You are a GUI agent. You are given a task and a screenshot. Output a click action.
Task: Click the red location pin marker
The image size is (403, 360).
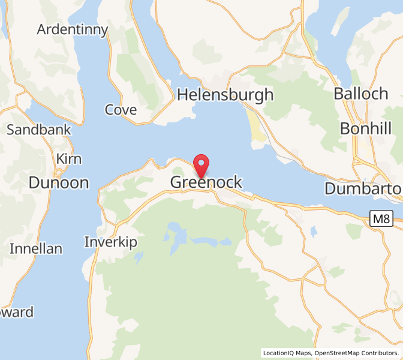[x=201, y=164]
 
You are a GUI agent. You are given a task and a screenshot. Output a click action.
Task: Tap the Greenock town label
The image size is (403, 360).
[x=207, y=182]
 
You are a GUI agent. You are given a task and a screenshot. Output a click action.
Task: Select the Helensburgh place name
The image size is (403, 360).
[x=225, y=95]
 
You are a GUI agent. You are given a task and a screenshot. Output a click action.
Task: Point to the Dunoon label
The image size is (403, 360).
[x=59, y=183]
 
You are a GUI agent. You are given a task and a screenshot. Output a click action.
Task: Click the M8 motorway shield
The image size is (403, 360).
[x=380, y=218]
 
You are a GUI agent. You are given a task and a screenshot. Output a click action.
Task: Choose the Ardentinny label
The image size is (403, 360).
[x=73, y=29]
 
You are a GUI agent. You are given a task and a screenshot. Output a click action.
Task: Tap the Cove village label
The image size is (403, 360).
[x=121, y=110]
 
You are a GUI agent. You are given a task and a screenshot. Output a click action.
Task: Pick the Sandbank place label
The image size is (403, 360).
[x=39, y=130]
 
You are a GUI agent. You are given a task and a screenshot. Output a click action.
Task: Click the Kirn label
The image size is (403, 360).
[x=69, y=159]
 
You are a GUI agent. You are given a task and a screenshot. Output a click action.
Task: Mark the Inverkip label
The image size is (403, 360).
[x=111, y=242]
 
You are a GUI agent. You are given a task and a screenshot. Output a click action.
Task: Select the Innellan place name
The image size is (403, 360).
[x=36, y=248]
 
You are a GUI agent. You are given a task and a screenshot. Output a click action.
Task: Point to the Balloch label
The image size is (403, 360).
[x=361, y=94]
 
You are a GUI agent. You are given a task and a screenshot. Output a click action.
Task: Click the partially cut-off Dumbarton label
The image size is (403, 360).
[x=363, y=188]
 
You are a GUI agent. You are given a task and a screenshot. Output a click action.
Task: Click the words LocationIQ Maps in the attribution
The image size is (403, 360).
[x=287, y=353]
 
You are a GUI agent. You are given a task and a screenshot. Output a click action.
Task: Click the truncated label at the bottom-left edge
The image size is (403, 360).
[x=17, y=312]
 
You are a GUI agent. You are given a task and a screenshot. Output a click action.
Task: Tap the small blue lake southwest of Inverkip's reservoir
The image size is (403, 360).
[x=139, y=258]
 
